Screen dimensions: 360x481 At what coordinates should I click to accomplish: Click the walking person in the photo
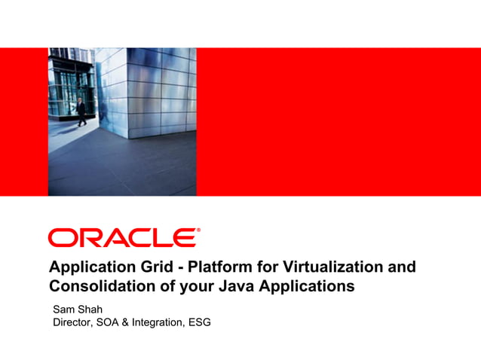click(x=81, y=111)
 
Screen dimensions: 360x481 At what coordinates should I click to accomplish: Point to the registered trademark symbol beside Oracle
click(x=198, y=230)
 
